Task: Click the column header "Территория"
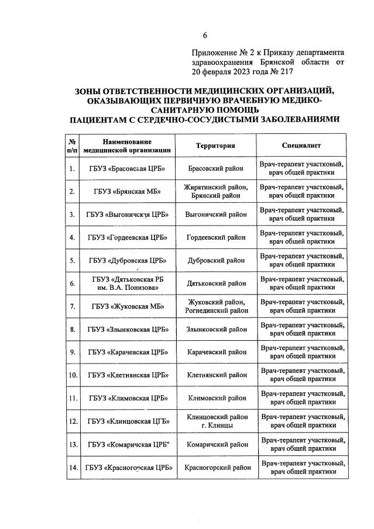click(215, 146)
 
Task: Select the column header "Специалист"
click(301, 146)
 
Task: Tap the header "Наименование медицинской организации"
click(127, 146)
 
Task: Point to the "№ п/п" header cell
click(72, 146)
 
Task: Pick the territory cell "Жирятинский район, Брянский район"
click(215, 192)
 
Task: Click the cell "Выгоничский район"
click(215, 215)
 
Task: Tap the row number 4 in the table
click(72, 237)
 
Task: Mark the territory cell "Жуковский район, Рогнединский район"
click(215, 306)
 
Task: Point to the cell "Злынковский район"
click(215, 329)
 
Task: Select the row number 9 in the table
click(72, 352)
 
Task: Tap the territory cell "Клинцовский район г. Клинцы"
click(215, 421)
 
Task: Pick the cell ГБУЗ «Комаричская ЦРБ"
click(127, 444)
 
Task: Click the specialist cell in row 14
click(301, 467)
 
